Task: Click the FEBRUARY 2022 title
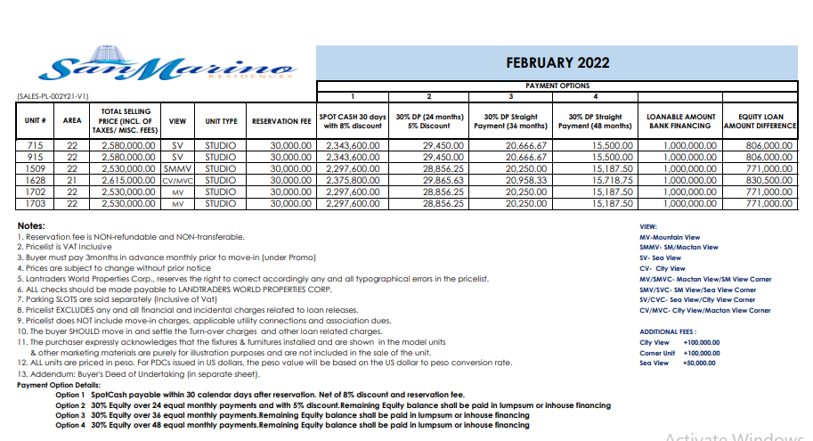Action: tap(557, 62)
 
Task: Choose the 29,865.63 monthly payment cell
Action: tap(431, 178)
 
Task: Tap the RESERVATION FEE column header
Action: tap(280, 120)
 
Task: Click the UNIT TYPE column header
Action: tap(221, 120)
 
